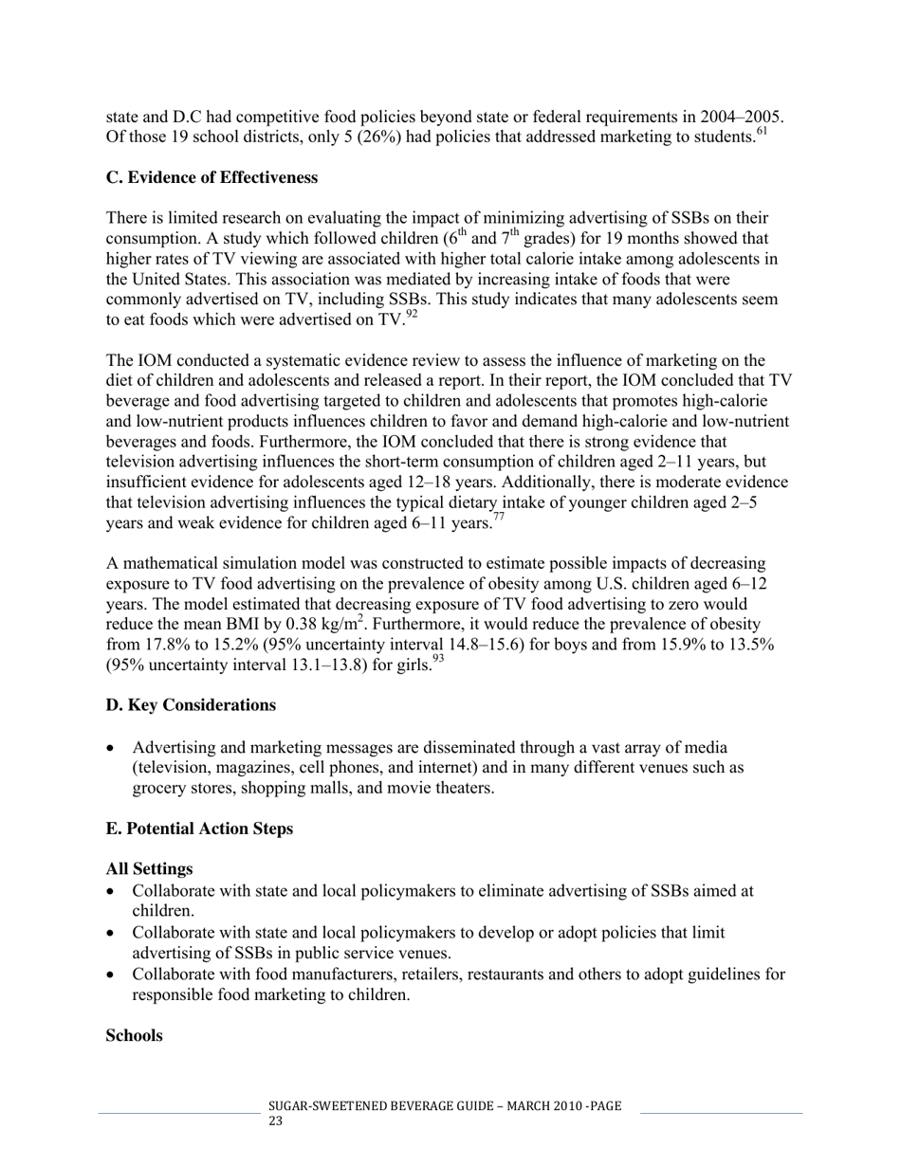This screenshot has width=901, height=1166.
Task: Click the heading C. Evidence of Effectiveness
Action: [x=211, y=178]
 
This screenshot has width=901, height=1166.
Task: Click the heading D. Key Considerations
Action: [x=191, y=705]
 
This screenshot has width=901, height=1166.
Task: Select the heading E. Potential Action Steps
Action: [x=199, y=829]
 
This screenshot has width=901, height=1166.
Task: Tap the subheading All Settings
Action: [x=149, y=869]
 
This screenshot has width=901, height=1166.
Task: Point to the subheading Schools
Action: [x=134, y=1035]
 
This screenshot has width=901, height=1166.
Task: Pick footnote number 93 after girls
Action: [x=437, y=660]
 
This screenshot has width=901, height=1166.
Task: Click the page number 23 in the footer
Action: [x=276, y=1121]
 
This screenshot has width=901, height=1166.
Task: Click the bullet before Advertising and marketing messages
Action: [x=113, y=749]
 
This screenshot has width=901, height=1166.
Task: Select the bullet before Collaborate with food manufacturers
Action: [x=113, y=975]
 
